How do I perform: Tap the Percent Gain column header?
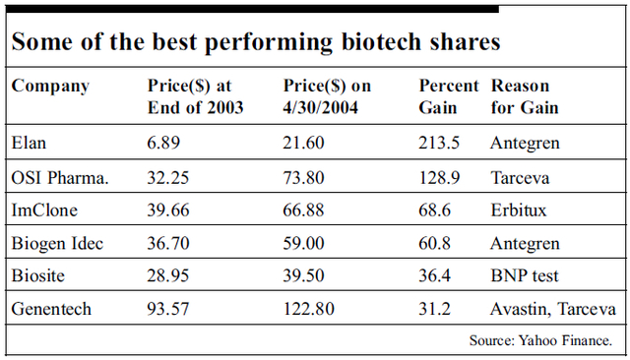click(x=448, y=96)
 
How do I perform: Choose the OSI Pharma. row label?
click(x=59, y=177)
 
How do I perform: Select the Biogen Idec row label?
click(x=56, y=243)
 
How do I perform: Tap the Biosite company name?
click(x=39, y=275)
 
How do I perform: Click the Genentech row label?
click(x=51, y=309)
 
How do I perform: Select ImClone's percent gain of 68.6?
click(x=436, y=210)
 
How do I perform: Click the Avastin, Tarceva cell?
click(x=552, y=309)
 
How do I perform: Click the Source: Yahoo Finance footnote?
click(x=540, y=340)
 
